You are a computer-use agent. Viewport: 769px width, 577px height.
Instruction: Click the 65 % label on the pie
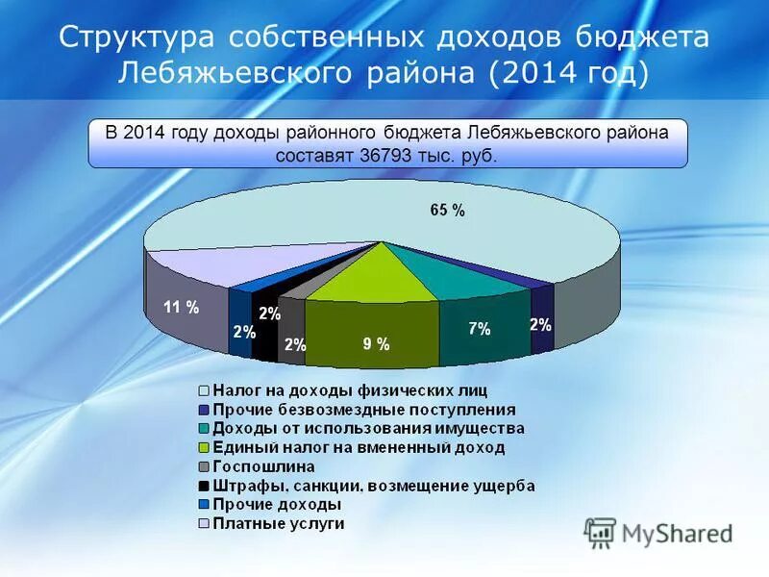click(x=447, y=211)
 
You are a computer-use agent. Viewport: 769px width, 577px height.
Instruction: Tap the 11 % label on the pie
click(x=181, y=308)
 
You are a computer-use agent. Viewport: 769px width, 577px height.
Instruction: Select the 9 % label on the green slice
click(x=375, y=344)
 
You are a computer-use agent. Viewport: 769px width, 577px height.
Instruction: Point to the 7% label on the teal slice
click(x=480, y=329)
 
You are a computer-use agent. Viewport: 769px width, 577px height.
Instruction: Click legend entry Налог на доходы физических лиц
click(x=349, y=390)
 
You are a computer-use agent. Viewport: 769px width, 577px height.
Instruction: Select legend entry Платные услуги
click(x=278, y=524)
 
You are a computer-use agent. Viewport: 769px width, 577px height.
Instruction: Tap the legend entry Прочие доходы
click(x=276, y=505)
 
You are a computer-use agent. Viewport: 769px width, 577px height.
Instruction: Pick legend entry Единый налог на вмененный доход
click(x=358, y=447)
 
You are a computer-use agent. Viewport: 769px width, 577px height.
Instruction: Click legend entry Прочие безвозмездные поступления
click(x=363, y=410)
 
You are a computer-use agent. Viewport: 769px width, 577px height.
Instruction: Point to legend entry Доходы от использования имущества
click(x=368, y=428)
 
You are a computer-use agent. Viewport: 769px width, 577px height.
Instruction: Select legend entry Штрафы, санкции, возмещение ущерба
click(x=373, y=486)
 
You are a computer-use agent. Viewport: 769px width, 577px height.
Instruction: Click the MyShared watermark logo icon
click(x=600, y=533)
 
